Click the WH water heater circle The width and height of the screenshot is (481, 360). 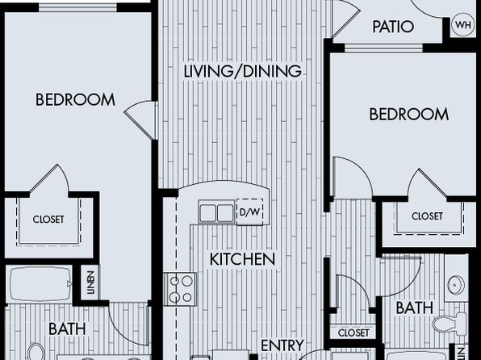(x=463, y=24)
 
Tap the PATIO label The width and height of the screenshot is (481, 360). (x=393, y=27)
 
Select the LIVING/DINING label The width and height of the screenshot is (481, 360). (x=242, y=72)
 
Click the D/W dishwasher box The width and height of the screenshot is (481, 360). (x=249, y=212)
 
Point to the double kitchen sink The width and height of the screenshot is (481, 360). (x=217, y=211)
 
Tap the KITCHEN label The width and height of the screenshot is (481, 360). (x=242, y=259)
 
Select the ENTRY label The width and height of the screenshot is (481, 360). (x=282, y=345)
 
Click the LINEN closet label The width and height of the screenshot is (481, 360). (x=90, y=283)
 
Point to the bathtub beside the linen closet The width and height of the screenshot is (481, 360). (x=40, y=284)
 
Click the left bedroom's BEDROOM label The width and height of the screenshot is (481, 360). (x=75, y=100)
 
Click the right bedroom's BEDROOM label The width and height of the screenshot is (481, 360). (x=408, y=114)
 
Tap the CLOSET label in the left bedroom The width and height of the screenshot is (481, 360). (x=48, y=220)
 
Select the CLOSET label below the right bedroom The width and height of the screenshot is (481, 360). (x=427, y=216)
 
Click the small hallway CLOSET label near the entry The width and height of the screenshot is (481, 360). (x=353, y=333)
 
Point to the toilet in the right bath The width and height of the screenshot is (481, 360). (x=450, y=323)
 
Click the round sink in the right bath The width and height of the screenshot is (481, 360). (x=456, y=285)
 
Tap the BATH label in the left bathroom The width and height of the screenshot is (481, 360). (x=67, y=329)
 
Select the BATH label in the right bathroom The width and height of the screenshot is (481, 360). (x=415, y=308)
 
